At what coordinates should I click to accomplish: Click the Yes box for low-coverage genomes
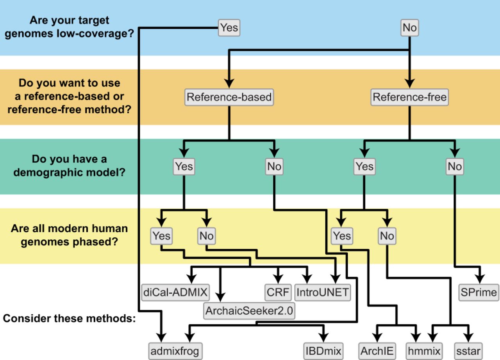point(229,28)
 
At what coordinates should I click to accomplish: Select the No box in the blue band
point(409,28)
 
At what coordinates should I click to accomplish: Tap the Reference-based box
point(229,97)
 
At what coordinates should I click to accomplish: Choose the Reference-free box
point(409,97)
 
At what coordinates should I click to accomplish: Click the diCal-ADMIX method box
point(175,292)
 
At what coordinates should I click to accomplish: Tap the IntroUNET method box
point(323,292)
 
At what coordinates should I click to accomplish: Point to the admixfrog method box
point(175,351)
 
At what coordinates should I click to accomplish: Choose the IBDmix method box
point(323,351)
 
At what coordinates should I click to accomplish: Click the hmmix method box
point(424,351)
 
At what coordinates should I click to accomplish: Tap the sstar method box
point(468,351)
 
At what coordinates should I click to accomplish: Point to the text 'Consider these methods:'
point(69,319)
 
